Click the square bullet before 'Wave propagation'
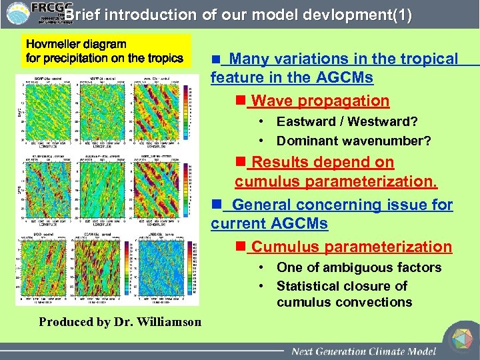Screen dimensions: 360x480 241,101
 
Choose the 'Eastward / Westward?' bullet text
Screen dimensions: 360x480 347,122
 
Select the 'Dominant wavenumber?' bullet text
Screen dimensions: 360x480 353,141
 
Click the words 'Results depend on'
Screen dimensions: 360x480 323,163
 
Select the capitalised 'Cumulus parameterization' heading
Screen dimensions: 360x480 351,247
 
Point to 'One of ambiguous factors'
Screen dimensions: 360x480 359,267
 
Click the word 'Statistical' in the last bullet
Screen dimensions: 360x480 309,286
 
